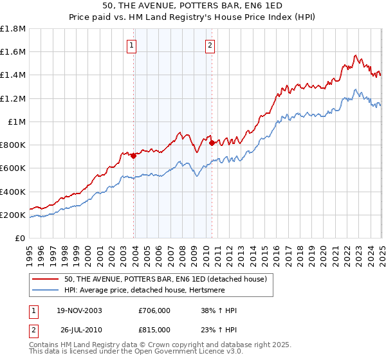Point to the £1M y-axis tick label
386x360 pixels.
17,122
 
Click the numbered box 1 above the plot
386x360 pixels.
132,45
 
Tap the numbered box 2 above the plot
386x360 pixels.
210,45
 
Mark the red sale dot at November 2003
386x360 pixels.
134,156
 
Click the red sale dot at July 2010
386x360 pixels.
212,143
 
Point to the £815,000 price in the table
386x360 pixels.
155,329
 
